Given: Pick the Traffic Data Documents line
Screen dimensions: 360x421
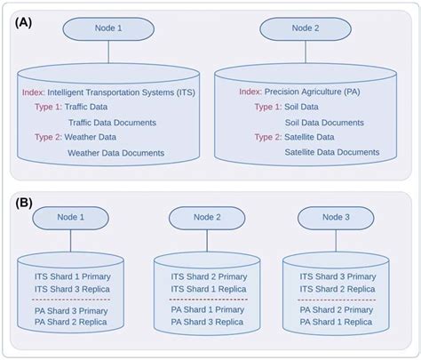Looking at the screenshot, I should [x=112, y=122].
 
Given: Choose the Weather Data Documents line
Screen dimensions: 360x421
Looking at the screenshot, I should [x=115, y=153].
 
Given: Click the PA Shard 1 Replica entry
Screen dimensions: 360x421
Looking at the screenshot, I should [x=335, y=322].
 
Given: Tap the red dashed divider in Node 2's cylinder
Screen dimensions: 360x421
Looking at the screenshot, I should [x=205, y=300].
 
